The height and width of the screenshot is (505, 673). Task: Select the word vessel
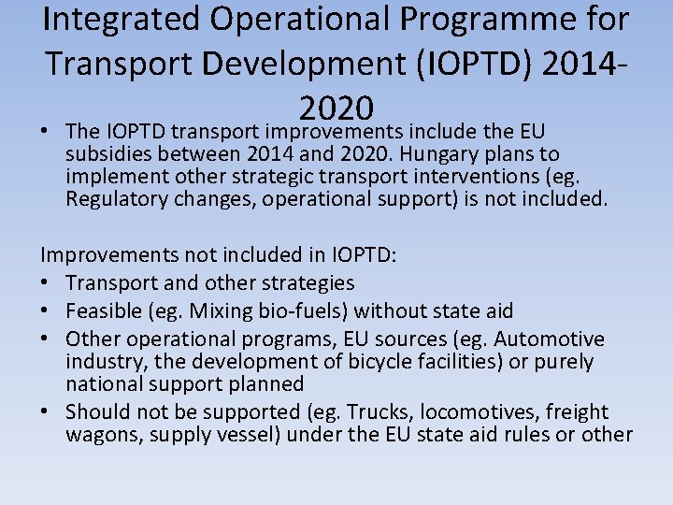tap(246, 434)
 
